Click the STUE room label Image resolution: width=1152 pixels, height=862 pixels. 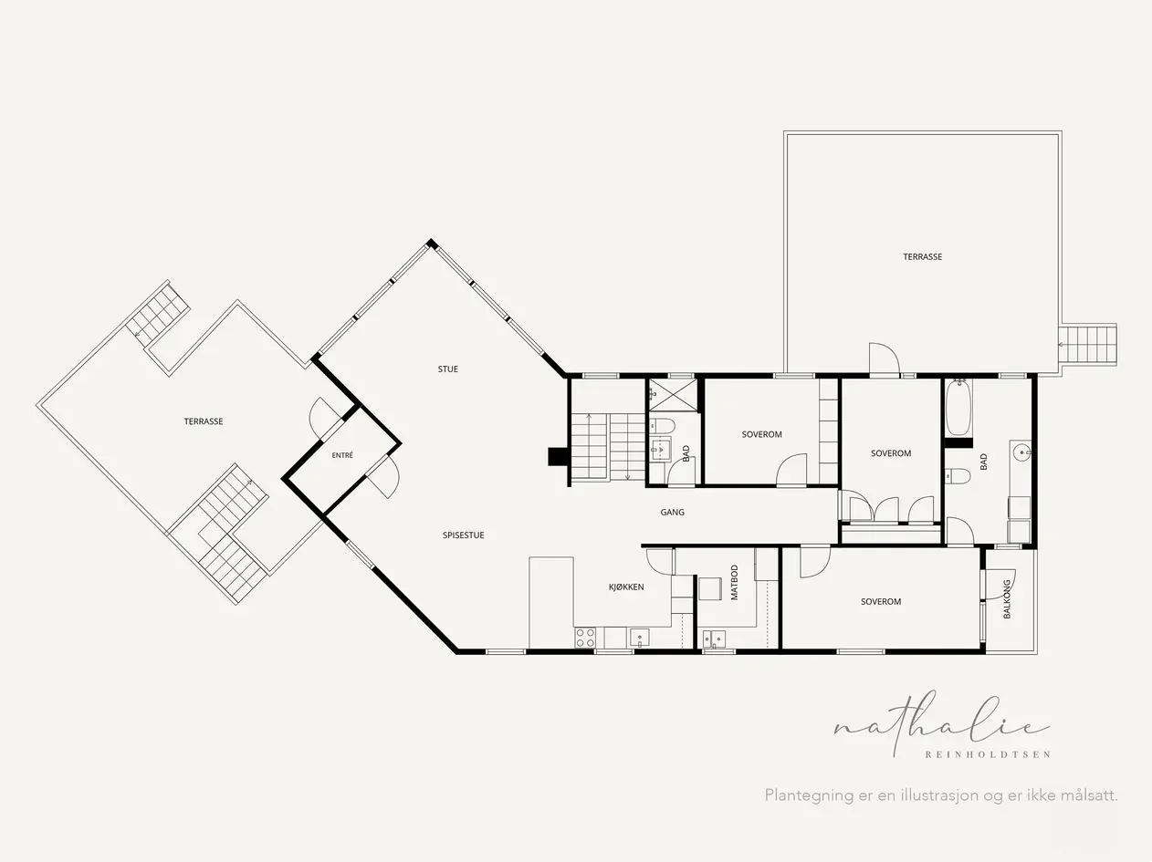tap(447, 369)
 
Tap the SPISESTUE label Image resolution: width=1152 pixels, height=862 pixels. tap(463, 535)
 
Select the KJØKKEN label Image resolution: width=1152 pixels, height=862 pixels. tap(626, 587)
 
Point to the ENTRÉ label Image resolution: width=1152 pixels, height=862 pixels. tap(342, 455)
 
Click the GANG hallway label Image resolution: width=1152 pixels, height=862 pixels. tap(673, 513)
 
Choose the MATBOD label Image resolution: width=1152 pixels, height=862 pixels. tap(734, 583)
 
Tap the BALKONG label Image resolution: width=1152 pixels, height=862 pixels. tap(1007, 598)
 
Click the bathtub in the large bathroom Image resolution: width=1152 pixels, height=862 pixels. tap(958, 408)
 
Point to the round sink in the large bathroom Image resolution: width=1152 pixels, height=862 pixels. tap(1021, 451)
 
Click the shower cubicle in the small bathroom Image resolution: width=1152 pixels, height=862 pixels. tap(674, 395)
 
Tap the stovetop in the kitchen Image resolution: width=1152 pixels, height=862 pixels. tap(585, 638)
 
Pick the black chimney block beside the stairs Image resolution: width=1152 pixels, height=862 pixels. tap(556, 456)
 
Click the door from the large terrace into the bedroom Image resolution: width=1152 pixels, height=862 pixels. tap(885, 359)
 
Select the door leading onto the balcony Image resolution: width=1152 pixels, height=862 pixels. tap(1000, 584)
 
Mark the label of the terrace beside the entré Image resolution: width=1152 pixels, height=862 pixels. tap(204, 421)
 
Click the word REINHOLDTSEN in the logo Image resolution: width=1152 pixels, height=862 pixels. tap(988, 754)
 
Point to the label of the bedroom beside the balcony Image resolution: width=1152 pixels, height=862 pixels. tap(881, 602)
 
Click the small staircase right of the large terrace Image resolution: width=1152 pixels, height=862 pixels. tap(1087, 345)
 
